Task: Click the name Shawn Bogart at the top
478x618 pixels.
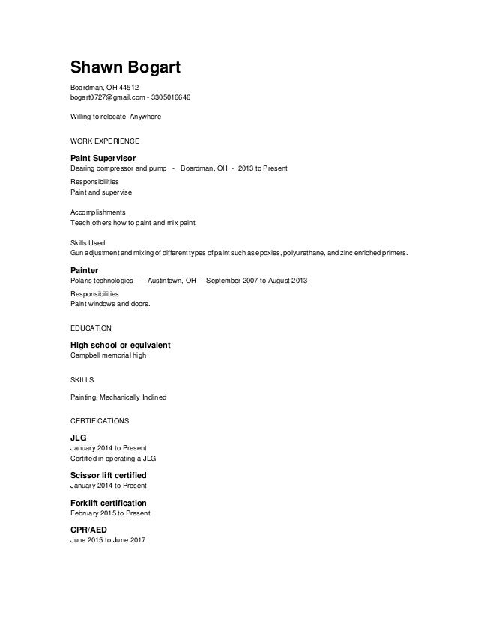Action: [x=126, y=67]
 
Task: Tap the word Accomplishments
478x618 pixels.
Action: [x=97, y=212]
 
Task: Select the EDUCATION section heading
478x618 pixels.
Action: [x=91, y=328]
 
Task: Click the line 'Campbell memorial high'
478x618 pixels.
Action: [x=108, y=355]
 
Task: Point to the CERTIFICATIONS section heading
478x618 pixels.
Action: [x=99, y=420]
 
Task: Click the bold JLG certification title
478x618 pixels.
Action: [x=79, y=438]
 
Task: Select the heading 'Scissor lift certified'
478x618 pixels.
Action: [x=108, y=476]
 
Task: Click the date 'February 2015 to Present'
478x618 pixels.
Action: [x=110, y=513]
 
